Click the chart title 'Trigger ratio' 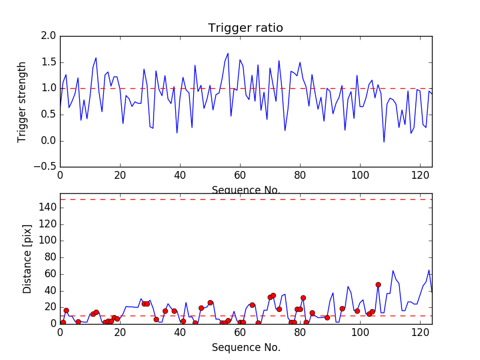pyautogui.click(x=245, y=28)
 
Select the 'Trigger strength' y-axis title pyautogui.click(x=22, y=101)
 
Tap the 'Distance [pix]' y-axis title pyautogui.click(x=27, y=259)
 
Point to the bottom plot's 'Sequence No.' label pyautogui.click(x=245, y=347)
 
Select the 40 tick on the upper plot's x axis pyautogui.click(x=180, y=176)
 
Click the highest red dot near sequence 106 pyautogui.click(x=378, y=284)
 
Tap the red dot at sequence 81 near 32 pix pyautogui.click(x=303, y=298)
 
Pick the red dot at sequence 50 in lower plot pyautogui.click(x=210, y=302)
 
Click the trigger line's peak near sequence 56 pyautogui.click(x=228, y=53)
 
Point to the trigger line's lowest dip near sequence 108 pyautogui.click(x=384, y=142)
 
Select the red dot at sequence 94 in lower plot pyautogui.click(x=342, y=308)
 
